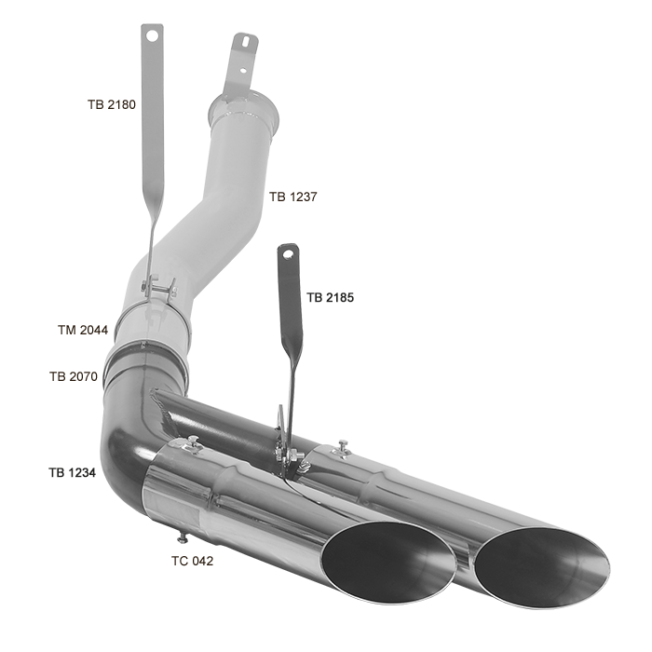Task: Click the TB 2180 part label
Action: (x=112, y=104)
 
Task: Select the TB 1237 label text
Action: (x=292, y=197)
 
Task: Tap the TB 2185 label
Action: (x=330, y=298)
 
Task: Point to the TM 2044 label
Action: (x=83, y=330)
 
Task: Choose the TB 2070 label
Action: (x=74, y=376)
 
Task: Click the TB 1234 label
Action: (x=73, y=473)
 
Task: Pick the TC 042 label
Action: (x=192, y=562)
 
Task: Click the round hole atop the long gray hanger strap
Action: (x=152, y=35)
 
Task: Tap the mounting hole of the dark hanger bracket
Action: (x=288, y=253)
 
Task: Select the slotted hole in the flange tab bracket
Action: (x=246, y=42)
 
